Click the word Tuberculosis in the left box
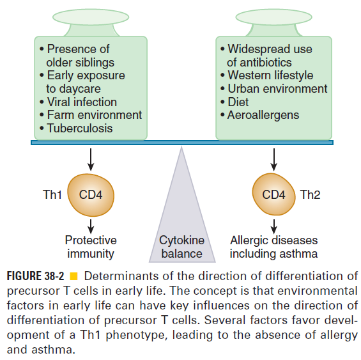coord(80,128)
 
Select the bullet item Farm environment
coord(95,114)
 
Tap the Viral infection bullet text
coord(82,102)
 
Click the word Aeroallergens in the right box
coord(263,115)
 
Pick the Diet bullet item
coord(238,102)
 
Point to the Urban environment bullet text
coord(277,88)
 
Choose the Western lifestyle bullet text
coord(270,75)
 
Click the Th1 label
coord(52,194)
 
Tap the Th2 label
coord(310,194)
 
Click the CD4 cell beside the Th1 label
coord(91,195)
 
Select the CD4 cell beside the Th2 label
coord(273,194)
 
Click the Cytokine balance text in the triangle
coord(181,247)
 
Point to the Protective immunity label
coord(91,247)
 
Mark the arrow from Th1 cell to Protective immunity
coord(91,226)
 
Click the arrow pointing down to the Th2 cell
coord(273,159)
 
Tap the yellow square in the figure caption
coord(73,276)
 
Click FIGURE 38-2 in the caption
coord(35,276)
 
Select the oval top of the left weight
coord(91,17)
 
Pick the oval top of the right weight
coord(273,17)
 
